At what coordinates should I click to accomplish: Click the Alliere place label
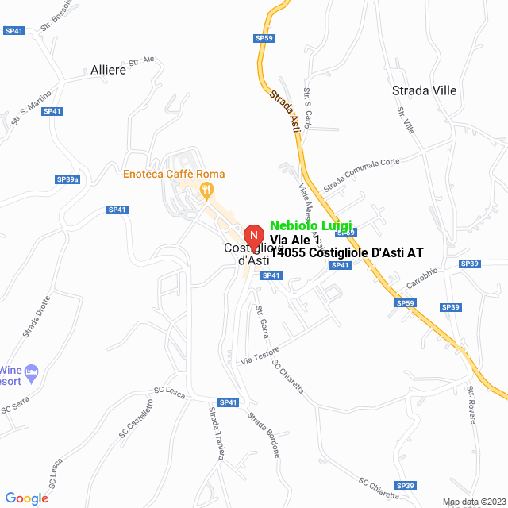[109, 70]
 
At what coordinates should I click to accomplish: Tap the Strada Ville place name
[425, 90]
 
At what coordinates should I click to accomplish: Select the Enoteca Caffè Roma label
[174, 174]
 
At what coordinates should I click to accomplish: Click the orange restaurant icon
[206, 189]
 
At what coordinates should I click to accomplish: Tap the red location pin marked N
[253, 237]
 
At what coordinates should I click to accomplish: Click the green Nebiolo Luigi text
[311, 226]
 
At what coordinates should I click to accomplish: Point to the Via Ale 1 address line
[295, 240]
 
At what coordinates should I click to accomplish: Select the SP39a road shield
[68, 180]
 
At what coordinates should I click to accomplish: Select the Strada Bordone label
[264, 435]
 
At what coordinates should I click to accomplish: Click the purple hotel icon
[32, 371]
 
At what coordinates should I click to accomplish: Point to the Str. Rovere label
[476, 405]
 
